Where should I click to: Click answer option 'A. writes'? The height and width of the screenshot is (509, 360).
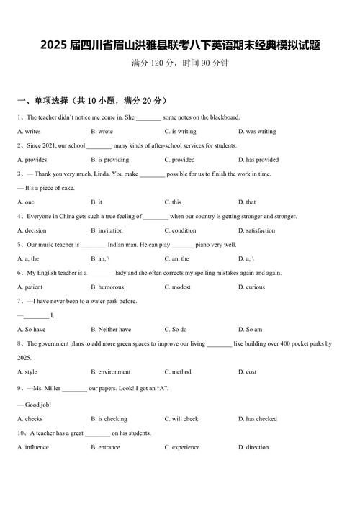[x=29, y=132]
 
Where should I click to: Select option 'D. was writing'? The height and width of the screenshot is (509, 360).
[x=261, y=132]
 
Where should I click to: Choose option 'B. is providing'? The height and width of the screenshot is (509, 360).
[x=109, y=160]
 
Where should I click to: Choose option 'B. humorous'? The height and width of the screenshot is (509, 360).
[x=107, y=287]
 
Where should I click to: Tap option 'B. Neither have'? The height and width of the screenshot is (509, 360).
[x=111, y=330]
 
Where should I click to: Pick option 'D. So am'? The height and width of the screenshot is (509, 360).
[x=253, y=330]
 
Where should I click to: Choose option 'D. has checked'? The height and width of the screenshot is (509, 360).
[x=261, y=419]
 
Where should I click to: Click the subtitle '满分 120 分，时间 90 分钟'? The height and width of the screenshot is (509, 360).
[x=180, y=63]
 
